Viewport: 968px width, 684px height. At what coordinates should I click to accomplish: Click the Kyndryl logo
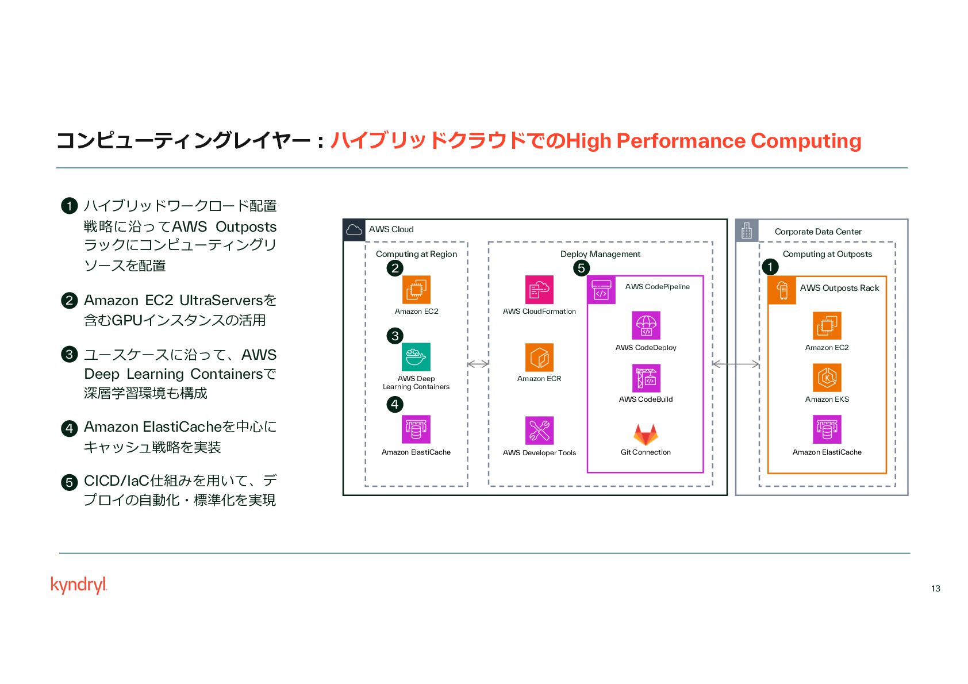point(79,585)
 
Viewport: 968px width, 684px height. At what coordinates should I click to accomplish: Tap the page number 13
point(935,588)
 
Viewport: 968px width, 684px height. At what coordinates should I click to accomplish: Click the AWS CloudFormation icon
point(539,290)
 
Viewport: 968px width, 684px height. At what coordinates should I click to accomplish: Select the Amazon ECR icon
point(539,358)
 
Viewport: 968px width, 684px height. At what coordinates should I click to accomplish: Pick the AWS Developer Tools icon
point(539,431)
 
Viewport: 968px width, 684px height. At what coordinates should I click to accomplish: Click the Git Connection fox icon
point(646,435)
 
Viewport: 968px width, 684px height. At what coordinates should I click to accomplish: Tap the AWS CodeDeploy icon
point(646,325)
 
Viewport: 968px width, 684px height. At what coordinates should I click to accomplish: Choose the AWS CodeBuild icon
point(646,378)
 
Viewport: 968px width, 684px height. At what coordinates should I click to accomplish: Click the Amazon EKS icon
point(827,378)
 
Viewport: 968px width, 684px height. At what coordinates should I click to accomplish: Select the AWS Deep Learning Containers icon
point(416,357)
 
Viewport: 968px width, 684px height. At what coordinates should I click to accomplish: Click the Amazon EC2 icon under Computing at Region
point(416,290)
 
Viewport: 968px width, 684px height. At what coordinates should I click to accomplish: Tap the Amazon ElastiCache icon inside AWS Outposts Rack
point(827,429)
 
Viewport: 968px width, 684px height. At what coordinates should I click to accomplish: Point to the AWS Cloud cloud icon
point(354,230)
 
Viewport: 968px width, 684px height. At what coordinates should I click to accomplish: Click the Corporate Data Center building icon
point(747,230)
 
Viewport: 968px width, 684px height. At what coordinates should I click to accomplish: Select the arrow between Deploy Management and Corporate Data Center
point(735,364)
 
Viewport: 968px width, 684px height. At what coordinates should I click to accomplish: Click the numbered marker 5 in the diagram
point(581,268)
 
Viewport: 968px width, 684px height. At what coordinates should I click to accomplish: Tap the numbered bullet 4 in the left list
point(69,428)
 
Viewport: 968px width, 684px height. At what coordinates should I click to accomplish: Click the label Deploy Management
point(600,254)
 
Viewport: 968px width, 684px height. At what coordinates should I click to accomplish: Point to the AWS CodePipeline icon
point(601,290)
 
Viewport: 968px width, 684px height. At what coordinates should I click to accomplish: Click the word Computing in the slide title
point(805,141)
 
